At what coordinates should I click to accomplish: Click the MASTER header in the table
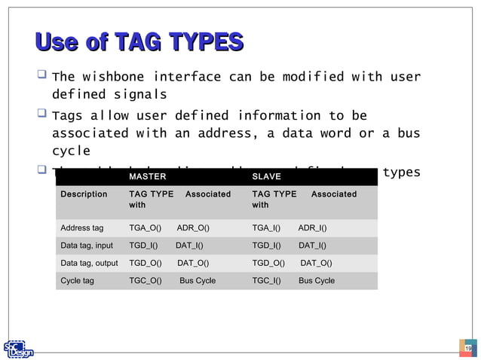(148, 176)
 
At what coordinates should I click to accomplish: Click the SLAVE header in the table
(266, 176)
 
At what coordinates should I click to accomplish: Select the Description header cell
(84, 194)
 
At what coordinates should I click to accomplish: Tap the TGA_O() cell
(145, 227)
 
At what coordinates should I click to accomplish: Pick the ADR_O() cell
(193, 227)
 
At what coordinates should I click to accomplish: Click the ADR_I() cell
(312, 227)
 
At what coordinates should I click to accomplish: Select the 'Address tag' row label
(82, 227)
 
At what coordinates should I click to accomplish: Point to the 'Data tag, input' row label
(87, 246)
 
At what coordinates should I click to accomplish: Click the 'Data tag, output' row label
(89, 263)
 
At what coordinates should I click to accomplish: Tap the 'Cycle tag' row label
(77, 281)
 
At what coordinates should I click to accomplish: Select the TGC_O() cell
(146, 281)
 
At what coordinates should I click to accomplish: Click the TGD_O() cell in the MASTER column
(146, 263)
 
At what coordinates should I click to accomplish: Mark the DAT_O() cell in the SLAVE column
(316, 263)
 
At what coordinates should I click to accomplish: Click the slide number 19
(468, 347)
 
